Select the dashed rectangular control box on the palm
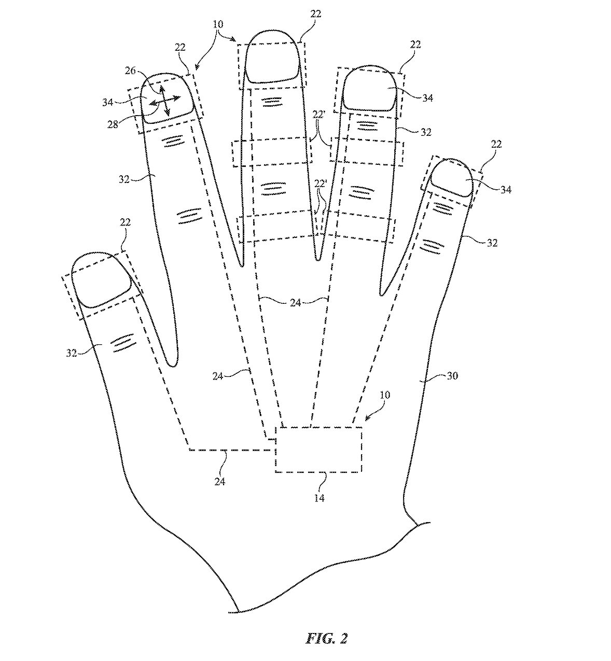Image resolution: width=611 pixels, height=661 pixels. (x=318, y=449)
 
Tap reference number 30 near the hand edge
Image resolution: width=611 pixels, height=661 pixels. (x=452, y=376)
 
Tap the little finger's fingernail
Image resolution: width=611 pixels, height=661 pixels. (x=452, y=178)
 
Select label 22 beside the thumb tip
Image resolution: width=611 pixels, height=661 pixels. (x=126, y=222)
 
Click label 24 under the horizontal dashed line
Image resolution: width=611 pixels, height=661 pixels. (x=219, y=481)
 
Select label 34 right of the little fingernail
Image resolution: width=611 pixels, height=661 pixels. (x=506, y=190)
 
